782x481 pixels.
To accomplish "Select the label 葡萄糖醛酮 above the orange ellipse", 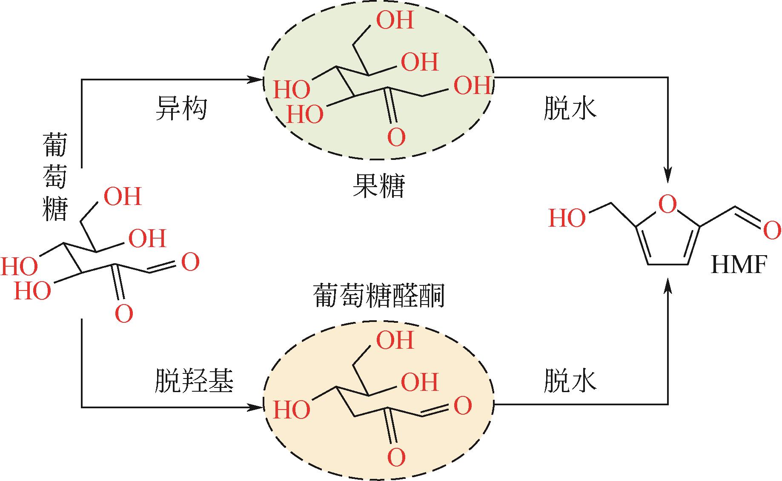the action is point(378,296).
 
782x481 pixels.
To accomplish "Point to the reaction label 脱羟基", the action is point(194,380).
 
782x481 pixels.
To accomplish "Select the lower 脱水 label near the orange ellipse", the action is point(570,380).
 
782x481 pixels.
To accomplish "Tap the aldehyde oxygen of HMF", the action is point(772,231).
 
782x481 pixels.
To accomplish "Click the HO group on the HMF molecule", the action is point(567,218).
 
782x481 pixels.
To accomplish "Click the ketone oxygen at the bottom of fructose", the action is point(396,137).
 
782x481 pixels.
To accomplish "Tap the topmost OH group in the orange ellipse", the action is point(395,340).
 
